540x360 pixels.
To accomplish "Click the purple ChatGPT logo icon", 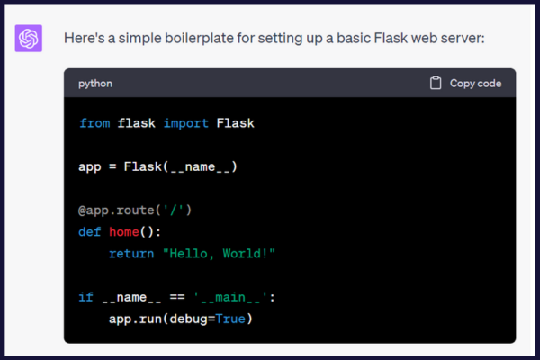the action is (x=29, y=38).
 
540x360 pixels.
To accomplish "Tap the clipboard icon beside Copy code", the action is (x=436, y=83).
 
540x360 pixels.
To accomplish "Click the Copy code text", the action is (x=475, y=84).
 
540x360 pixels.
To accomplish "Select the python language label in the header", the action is (x=95, y=84).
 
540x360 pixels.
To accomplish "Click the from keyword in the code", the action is (x=94, y=123).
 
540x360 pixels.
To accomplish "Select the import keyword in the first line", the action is (x=186, y=123).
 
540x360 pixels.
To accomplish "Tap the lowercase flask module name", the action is (x=137, y=123).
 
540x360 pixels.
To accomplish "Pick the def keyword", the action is (x=89, y=232).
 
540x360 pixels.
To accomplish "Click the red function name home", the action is (x=124, y=232).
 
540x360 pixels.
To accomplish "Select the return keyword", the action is (x=131, y=254).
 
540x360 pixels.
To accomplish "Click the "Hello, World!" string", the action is (x=219, y=254).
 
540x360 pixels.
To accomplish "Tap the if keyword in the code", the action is (x=85, y=297).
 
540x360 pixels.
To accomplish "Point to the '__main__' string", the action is (x=230, y=297).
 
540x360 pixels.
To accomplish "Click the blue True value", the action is (x=230, y=319).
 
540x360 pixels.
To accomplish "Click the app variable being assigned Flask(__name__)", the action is (x=90, y=167).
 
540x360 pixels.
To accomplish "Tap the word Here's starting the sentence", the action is (x=85, y=38).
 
